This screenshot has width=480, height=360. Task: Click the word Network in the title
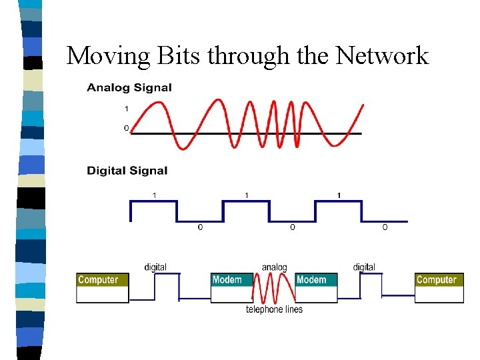click(382, 55)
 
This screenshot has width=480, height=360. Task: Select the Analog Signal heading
click(129, 87)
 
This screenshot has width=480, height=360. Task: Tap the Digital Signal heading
click(127, 171)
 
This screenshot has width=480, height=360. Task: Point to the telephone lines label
click(274, 309)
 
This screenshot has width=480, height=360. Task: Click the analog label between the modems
click(274, 267)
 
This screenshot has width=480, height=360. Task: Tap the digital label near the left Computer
click(155, 267)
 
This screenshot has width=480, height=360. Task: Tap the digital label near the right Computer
click(364, 267)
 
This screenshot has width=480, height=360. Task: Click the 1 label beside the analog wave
click(127, 109)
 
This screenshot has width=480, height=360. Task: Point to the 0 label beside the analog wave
click(127, 128)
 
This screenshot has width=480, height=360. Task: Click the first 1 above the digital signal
click(155, 195)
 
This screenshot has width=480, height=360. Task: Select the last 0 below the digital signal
click(385, 228)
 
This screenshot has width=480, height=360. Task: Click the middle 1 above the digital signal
click(247, 195)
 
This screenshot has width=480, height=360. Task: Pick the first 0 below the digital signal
click(200, 228)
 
